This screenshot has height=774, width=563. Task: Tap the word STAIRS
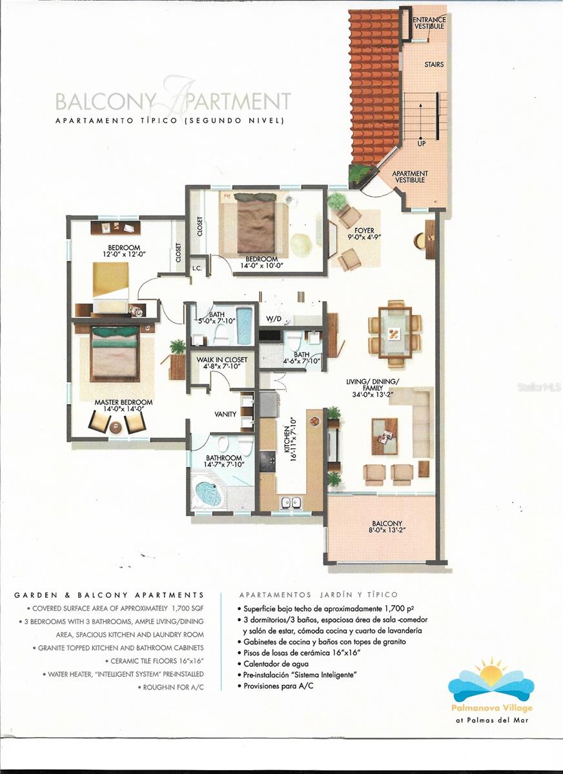(x=434, y=65)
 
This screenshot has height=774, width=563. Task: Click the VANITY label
(x=225, y=414)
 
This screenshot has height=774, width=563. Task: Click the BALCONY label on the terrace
(x=387, y=524)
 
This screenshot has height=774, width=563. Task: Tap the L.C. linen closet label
(x=198, y=266)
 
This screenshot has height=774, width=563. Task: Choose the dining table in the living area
(x=395, y=333)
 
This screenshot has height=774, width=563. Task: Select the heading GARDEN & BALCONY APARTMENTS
(x=109, y=595)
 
